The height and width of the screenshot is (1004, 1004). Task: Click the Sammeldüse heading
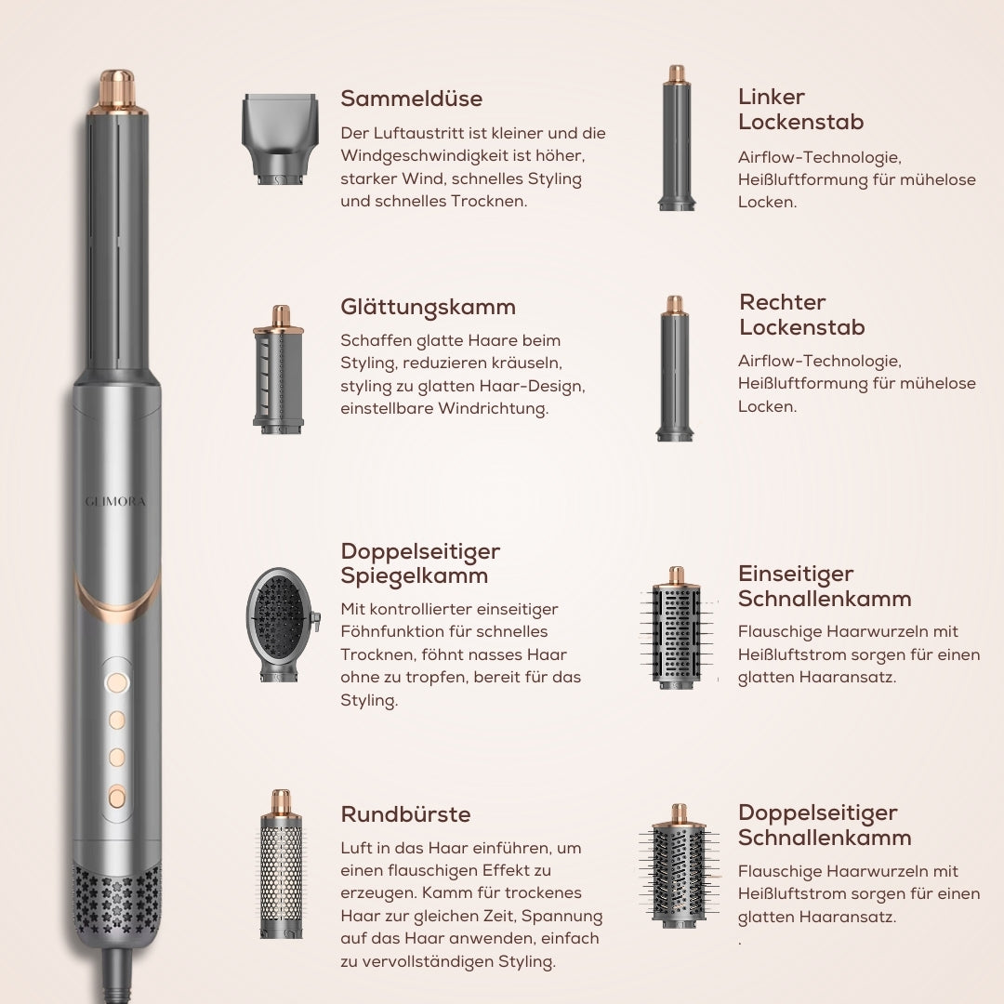point(411,99)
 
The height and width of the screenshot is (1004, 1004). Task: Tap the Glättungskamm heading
point(428,307)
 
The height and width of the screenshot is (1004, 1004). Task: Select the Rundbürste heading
point(405,814)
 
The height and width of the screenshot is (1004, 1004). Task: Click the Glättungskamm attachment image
point(279,370)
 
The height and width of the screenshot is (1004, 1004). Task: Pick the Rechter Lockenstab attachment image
point(675,369)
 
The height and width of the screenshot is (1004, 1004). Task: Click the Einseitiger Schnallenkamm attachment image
point(677,628)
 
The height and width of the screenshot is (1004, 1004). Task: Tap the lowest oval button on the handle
point(117,796)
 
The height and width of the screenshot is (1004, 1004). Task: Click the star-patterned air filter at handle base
point(117,896)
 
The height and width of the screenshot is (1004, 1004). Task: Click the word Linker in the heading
point(772,97)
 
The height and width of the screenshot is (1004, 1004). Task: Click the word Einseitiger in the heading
point(796,574)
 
